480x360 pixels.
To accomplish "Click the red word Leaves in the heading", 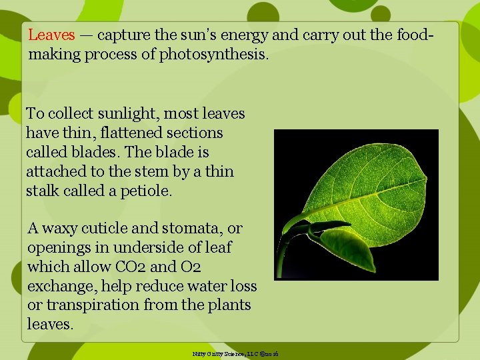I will [x=51, y=35].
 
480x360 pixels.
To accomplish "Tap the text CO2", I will [x=133, y=267].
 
